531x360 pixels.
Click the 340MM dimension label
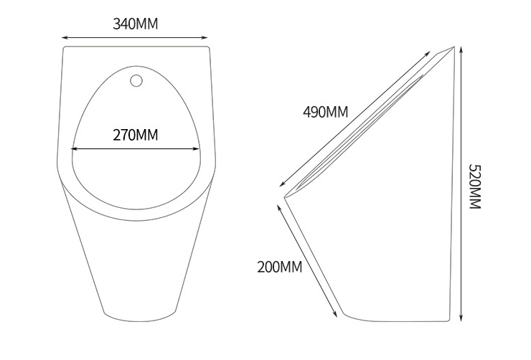135,24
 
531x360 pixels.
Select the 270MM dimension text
136,134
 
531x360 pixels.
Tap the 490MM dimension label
325,111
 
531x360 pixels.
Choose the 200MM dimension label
280,267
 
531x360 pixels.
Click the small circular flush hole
136,81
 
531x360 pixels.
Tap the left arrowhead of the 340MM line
64,37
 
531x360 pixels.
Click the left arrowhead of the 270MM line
72,149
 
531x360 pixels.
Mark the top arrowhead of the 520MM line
460,47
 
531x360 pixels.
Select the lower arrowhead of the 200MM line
336,316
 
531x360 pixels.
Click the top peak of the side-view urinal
454,46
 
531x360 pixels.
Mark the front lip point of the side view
285,197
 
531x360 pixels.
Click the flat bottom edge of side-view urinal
398,318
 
